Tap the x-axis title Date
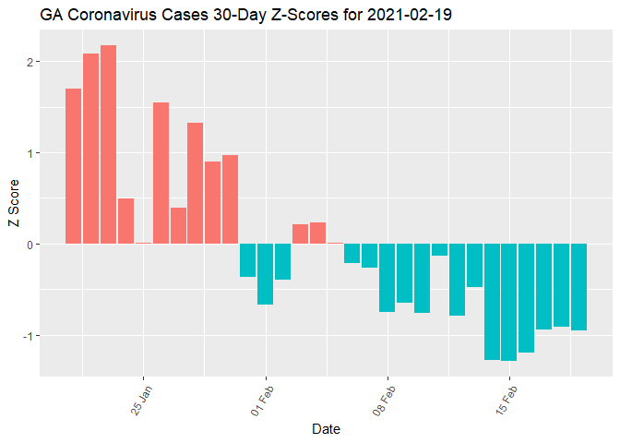click(x=326, y=429)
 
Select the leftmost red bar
click(x=74, y=166)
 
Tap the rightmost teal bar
click(x=578, y=287)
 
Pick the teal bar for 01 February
click(x=266, y=274)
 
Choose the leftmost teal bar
click(x=247, y=260)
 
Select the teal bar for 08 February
click(x=387, y=278)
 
